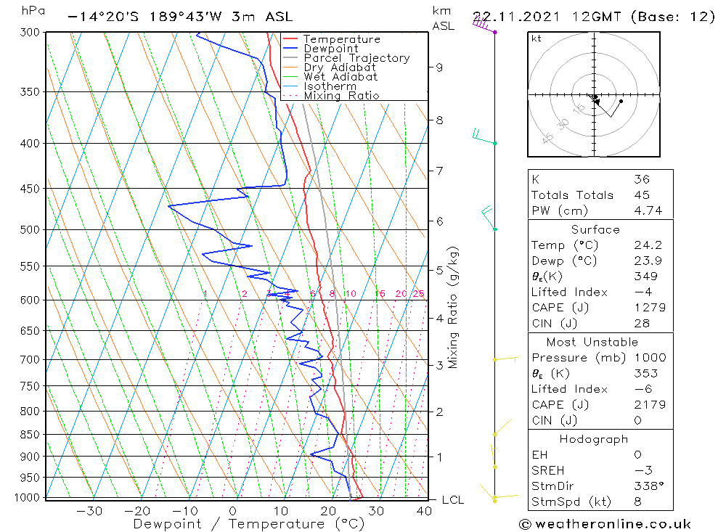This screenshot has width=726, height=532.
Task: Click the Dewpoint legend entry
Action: tap(330, 49)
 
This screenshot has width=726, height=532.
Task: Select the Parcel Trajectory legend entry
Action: tap(356, 58)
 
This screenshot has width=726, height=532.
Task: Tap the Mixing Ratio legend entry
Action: tap(341, 96)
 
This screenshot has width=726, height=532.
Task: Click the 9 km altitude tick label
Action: tap(439, 67)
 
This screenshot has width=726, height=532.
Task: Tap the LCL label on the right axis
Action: tap(452, 500)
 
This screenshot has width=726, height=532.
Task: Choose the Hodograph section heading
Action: tap(595, 439)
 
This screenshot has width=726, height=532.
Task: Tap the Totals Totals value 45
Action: tap(641, 195)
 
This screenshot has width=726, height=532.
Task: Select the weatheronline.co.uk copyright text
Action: tap(604, 524)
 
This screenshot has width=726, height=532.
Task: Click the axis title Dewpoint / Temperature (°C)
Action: tap(237, 524)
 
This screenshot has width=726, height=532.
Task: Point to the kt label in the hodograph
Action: tap(536, 38)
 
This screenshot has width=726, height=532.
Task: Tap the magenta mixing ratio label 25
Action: tap(418, 294)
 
